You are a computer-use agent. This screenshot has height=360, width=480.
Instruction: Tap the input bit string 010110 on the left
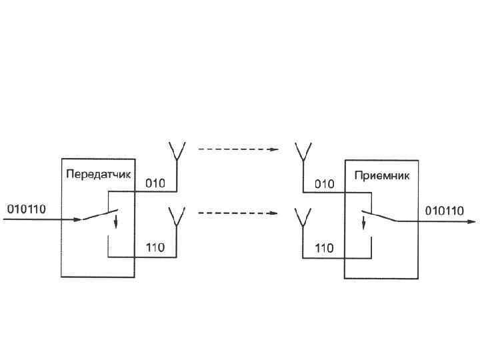coord(26,209)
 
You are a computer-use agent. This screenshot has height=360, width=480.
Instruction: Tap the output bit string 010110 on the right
coord(445,211)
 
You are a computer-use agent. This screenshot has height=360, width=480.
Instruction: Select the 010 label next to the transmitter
coord(155,183)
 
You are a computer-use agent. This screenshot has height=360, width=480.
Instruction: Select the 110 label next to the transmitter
coord(155,249)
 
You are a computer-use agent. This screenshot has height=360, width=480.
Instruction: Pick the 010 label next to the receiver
coord(324,183)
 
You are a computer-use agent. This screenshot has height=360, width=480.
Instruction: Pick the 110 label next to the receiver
coord(324,249)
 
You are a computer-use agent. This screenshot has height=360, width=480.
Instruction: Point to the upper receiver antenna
coord(303,152)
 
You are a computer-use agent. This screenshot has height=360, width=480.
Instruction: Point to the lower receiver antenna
coord(303,218)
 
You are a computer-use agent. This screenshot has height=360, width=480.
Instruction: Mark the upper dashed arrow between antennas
coord(238,149)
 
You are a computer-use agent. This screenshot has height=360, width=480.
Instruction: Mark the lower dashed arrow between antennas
coord(238,214)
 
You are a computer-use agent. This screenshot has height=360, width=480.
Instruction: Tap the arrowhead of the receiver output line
coord(472,221)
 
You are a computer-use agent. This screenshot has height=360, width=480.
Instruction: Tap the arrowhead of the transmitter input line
coord(78,221)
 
